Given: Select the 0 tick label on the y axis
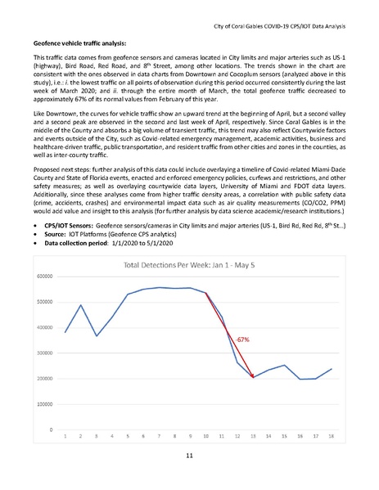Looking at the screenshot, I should click(x=51, y=429).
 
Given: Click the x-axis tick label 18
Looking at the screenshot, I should click(x=330, y=437).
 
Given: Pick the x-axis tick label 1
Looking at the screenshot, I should click(x=65, y=437).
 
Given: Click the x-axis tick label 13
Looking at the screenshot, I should click(x=252, y=437).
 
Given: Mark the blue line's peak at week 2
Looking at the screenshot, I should click(x=80, y=305).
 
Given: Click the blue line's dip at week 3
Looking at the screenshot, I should click(x=96, y=335).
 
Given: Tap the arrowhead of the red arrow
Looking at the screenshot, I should click(x=253, y=376).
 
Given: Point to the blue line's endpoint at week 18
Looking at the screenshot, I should click(x=330, y=369).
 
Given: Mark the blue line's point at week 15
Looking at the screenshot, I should click(x=283, y=366).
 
